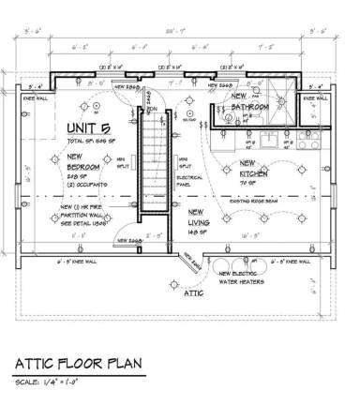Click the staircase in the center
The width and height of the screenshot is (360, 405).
pos(152,170)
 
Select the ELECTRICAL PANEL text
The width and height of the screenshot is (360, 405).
pos(188,174)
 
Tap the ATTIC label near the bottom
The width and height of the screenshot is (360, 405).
pos(193,292)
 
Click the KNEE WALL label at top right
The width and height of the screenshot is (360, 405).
pos(317,97)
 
